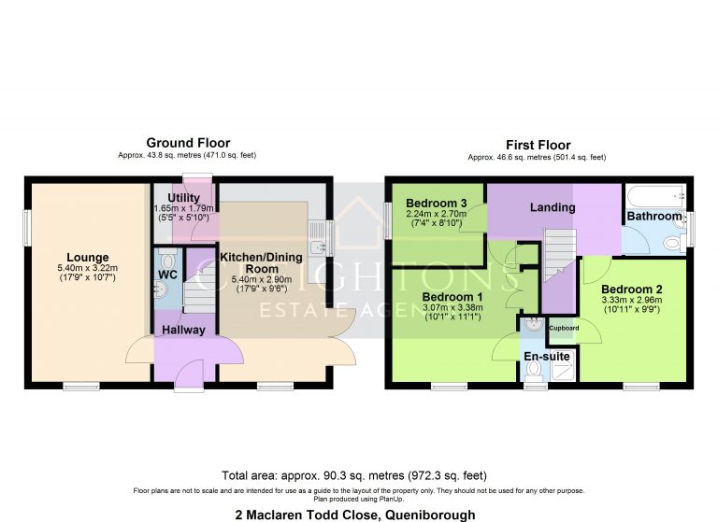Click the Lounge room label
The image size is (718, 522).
point(87,257)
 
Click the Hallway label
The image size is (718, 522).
point(184,330)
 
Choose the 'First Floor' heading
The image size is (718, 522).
point(538,145)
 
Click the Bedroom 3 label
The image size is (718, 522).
point(437,202)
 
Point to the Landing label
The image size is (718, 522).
point(553,207)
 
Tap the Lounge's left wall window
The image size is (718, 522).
point(28,224)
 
